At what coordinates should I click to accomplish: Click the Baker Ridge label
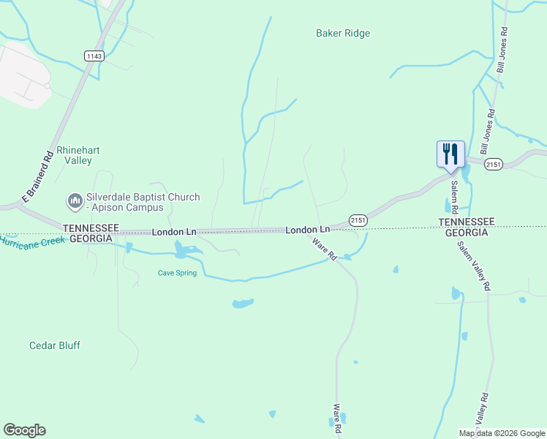[342, 33]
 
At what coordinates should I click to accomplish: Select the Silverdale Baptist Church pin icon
[75, 200]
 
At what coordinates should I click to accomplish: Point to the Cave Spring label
[177, 273]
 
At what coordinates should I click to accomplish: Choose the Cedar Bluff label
[55, 345]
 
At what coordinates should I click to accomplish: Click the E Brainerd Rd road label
[39, 176]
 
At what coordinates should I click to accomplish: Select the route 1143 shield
[94, 56]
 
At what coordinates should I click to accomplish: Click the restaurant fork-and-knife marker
[450, 154]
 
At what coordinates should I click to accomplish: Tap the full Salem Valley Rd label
[474, 266]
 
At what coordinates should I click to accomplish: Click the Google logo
[24, 430]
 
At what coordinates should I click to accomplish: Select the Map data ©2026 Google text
[502, 433]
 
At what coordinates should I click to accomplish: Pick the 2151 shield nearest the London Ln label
[358, 219]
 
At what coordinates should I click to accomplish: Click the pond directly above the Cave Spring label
[184, 252]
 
